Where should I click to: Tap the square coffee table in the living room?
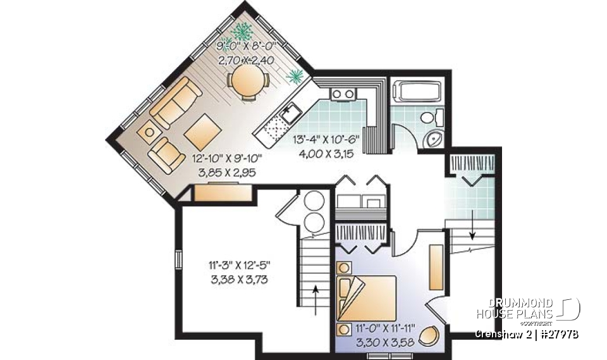(x=203, y=130)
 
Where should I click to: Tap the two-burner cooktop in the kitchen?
(x=343, y=94)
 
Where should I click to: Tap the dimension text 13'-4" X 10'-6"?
(x=326, y=139)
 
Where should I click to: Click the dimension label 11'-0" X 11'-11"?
(x=385, y=328)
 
